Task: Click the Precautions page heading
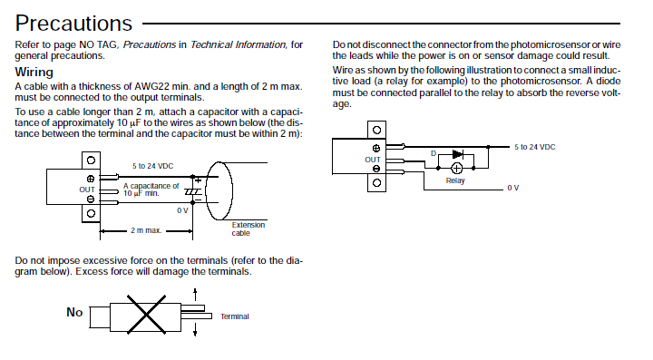tap(73, 24)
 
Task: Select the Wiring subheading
tap(34, 72)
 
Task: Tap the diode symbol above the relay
tap(457, 154)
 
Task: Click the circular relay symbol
tap(457, 168)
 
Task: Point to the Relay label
tap(455, 180)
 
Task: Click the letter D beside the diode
tap(434, 153)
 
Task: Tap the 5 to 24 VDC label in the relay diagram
tap(535, 147)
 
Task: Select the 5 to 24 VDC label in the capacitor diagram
tap(153, 166)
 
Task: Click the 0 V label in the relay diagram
tap(513, 188)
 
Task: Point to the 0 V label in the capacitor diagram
tap(182, 210)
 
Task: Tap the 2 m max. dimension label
tap(146, 230)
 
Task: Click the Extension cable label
tap(249, 229)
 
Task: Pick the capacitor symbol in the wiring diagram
tap(193, 192)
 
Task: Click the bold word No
tap(74, 312)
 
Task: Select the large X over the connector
tap(146, 315)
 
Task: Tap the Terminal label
tap(235, 316)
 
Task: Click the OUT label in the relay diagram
tap(373, 160)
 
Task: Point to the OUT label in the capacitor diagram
tap(87, 190)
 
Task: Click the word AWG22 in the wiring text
tap(151, 86)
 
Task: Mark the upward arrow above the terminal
tap(195, 294)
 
